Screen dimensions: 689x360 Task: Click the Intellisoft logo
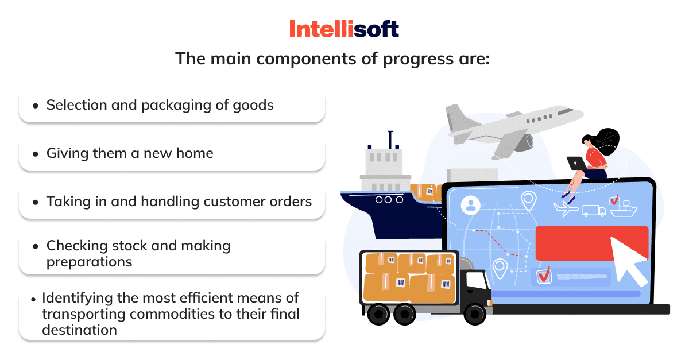344,29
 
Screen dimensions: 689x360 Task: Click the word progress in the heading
418,59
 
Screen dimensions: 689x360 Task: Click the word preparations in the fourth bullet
89,262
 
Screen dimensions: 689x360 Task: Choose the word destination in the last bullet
79,330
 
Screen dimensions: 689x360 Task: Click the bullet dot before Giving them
36,154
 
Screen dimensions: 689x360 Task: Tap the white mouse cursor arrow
627,260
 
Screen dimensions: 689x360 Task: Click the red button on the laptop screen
592,243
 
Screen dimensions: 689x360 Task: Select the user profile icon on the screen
471,205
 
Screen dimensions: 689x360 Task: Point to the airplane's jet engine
523,143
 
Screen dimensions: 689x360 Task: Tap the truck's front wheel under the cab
475,314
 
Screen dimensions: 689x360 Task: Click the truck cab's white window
477,280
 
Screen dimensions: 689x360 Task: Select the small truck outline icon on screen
594,211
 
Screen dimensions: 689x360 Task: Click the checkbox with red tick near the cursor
544,275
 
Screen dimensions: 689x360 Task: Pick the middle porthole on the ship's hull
388,200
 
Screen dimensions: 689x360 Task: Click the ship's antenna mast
390,140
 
